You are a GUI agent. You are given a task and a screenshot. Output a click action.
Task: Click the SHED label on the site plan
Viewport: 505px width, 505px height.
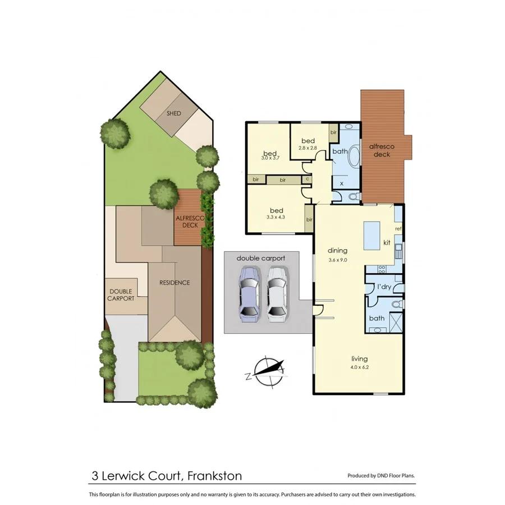(174, 113)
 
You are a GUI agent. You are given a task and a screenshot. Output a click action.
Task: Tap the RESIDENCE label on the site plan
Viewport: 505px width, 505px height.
(175, 282)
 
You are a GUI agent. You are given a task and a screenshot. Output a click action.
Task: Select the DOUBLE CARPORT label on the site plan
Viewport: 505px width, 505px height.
(121, 295)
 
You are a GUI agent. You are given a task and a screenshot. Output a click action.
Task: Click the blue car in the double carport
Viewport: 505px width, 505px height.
(249, 293)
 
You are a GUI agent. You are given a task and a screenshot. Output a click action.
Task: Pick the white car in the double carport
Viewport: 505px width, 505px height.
(277, 293)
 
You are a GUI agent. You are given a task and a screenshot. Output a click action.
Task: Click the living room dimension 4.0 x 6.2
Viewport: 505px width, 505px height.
(358, 368)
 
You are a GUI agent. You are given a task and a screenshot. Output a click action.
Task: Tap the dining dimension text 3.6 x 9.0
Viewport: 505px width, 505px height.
(338, 260)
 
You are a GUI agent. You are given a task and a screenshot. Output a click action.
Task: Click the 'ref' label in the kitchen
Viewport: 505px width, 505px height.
(398, 228)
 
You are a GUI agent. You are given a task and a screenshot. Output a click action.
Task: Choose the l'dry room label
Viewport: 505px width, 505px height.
(384, 287)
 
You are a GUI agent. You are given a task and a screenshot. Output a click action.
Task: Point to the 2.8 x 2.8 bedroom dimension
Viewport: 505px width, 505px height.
(308, 148)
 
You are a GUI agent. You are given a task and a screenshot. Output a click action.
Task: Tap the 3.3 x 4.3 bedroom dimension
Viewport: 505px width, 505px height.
(275, 216)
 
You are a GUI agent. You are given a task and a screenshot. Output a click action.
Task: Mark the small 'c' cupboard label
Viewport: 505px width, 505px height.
(307, 180)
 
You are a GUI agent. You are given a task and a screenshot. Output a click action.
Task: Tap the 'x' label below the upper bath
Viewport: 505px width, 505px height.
(342, 183)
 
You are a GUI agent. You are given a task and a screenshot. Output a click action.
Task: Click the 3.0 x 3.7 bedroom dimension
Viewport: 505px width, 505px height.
(270, 158)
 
